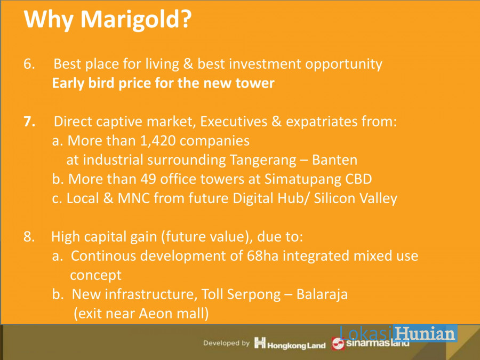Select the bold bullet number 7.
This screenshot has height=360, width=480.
coord(29,122)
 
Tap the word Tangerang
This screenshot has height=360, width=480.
coord(263,161)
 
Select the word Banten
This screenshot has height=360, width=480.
coord(334,160)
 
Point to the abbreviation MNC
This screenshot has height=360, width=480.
coord(134,198)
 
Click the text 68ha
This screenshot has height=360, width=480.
coord(262,256)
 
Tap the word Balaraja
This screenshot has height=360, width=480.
coord(322,295)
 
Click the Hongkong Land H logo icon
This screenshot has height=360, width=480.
coord(260,342)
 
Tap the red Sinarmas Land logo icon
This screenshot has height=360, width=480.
coord(338,343)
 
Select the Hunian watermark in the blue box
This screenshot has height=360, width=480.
coord(425,333)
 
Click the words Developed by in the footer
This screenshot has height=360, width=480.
coord(227,343)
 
